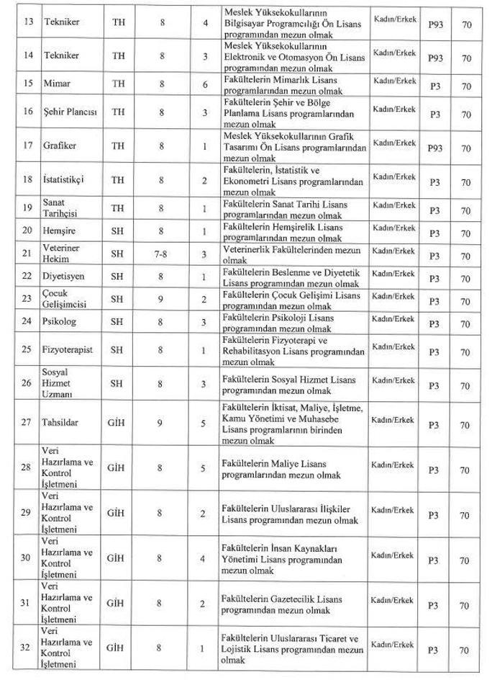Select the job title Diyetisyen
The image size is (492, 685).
pyautogui.click(x=65, y=276)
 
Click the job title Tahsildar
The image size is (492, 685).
pyautogui.click(x=61, y=421)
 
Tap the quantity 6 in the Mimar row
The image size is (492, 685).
pyautogui.click(x=205, y=84)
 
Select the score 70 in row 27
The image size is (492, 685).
pyautogui.click(x=465, y=423)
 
